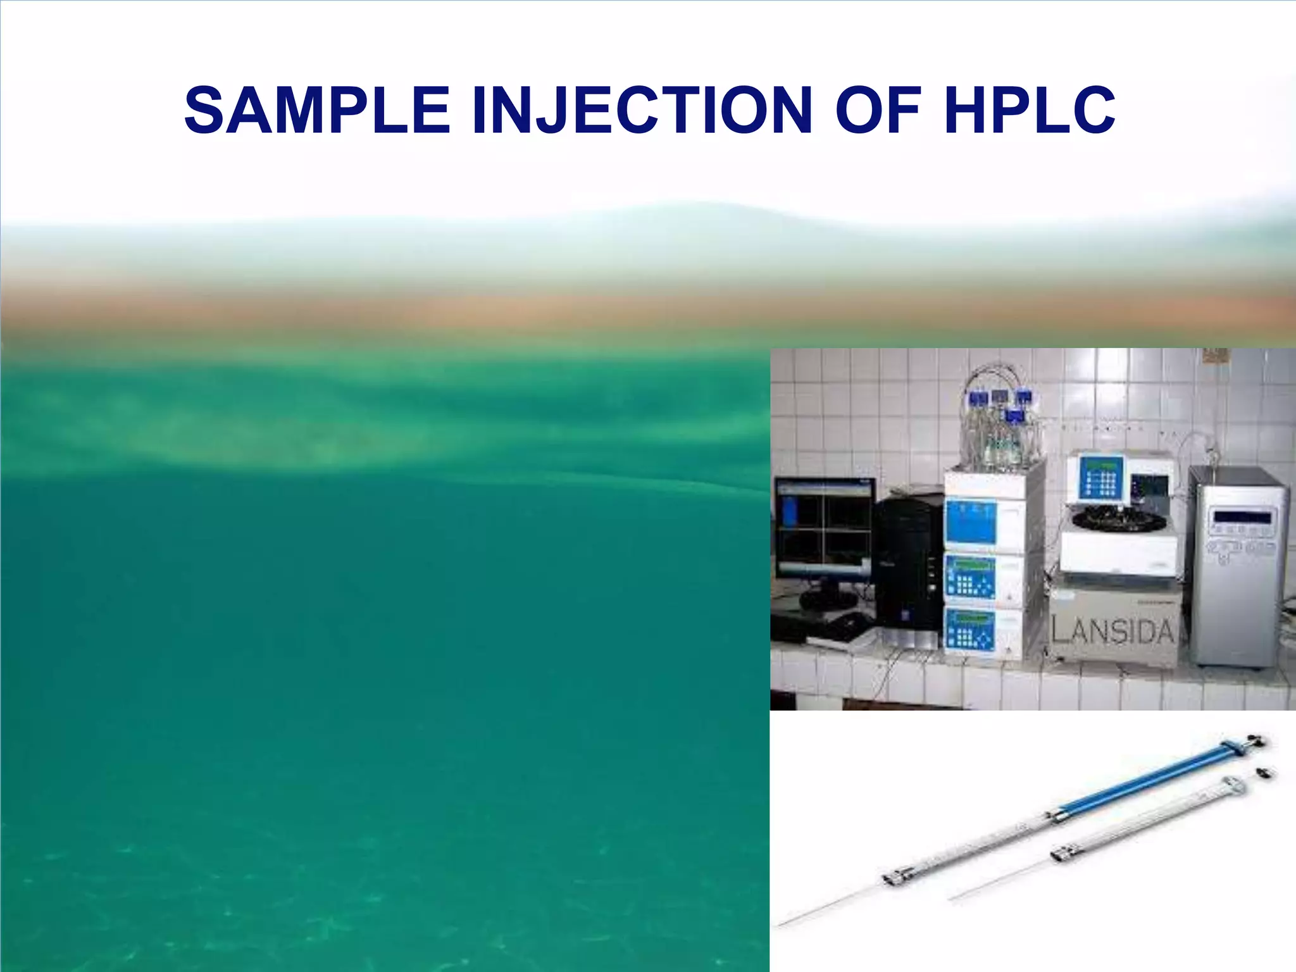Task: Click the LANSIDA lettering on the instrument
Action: tap(1112, 631)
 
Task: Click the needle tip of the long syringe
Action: tap(782, 925)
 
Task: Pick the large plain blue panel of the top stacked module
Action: tap(971, 522)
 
